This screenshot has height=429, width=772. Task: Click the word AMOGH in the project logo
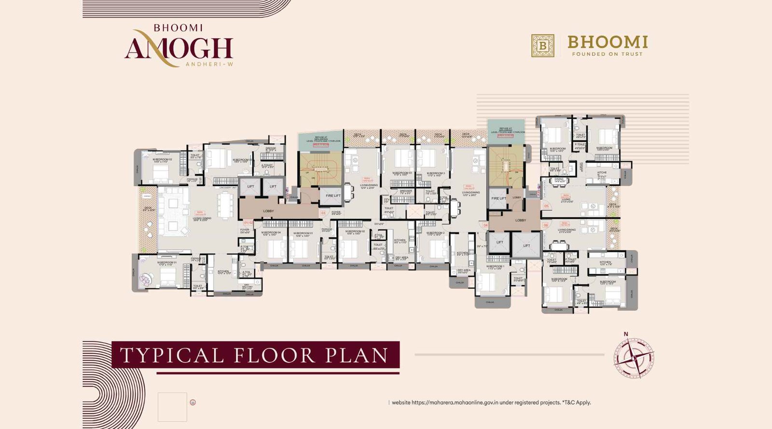pyautogui.click(x=179, y=48)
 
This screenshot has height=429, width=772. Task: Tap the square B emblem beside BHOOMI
pyautogui.click(x=543, y=45)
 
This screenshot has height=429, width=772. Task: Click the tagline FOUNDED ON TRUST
pyautogui.click(x=607, y=54)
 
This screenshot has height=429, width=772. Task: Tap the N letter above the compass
pyautogui.click(x=626, y=334)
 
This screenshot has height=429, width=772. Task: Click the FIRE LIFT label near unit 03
pyautogui.click(x=333, y=196)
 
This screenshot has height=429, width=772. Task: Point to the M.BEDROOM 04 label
pyautogui.click(x=271, y=233)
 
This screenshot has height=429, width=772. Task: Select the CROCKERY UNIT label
pyautogui.click(x=228, y=188)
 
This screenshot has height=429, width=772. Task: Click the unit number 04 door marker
pyautogui.click(x=485, y=225)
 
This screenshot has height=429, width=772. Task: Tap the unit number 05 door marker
pyautogui.click(x=546, y=206)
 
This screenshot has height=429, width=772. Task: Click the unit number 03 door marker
pyautogui.click(x=323, y=212)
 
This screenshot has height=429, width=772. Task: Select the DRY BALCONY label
pyautogui.click(x=247, y=287)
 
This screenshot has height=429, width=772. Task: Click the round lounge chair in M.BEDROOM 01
pyautogui.click(x=145, y=279)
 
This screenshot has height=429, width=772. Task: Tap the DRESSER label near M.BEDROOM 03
pyautogui.click(x=406, y=191)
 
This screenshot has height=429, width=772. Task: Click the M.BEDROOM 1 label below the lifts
pyautogui.click(x=495, y=266)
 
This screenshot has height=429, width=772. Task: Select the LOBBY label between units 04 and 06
pyautogui.click(x=521, y=220)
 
